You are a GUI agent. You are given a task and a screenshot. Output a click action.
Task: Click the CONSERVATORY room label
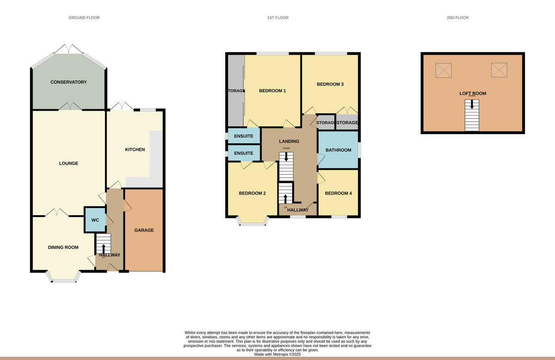(x=68, y=82)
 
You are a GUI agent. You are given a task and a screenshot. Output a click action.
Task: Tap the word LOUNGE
(x=68, y=163)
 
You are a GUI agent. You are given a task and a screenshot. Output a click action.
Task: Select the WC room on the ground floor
(x=95, y=220)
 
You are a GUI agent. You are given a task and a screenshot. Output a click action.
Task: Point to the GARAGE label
(x=144, y=230)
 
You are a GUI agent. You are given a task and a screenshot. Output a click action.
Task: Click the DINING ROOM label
(x=63, y=248)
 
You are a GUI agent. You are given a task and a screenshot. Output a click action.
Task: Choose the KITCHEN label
(x=135, y=149)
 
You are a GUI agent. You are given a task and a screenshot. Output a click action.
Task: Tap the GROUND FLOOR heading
(x=84, y=18)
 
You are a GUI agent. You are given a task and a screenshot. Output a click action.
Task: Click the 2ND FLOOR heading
(x=457, y=18)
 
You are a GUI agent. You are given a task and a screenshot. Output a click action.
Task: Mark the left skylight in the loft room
(x=444, y=70)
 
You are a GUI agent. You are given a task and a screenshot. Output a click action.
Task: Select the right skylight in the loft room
(x=499, y=70)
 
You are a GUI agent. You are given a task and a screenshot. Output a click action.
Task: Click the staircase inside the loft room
(x=472, y=116)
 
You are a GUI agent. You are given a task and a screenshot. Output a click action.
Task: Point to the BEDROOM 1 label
(x=272, y=91)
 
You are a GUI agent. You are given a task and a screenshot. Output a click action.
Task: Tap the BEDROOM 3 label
(x=330, y=85)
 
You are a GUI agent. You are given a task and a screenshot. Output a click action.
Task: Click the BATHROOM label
(x=339, y=150)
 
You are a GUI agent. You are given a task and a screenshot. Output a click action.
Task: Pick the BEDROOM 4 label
(x=339, y=193)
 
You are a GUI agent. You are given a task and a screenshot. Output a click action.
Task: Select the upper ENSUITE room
(x=243, y=136)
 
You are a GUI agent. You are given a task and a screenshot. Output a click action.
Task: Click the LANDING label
(x=289, y=141)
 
